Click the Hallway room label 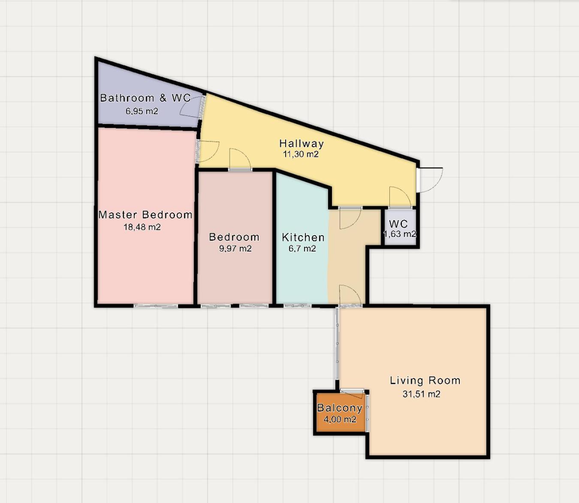pyautogui.click(x=302, y=143)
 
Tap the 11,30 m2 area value pyautogui.click(x=301, y=154)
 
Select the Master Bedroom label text pyautogui.click(x=145, y=215)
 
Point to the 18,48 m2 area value pyautogui.click(x=142, y=227)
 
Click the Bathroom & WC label pyautogui.click(x=145, y=98)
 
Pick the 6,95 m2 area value pyautogui.click(x=142, y=111)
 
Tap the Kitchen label pyautogui.click(x=303, y=237)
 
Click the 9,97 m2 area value pyautogui.click(x=235, y=248)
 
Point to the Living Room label pyautogui.click(x=425, y=380)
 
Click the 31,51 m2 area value pyautogui.click(x=421, y=394)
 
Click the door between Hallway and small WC pyautogui.click(x=400, y=198)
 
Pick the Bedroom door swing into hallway pyautogui.click(x=240, y=159)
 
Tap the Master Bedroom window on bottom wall pyautogui.click(x=156, y=306)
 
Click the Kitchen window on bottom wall pyautogui.click(x=297, y=306)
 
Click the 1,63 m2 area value pyautogui.click(x=400, y=234)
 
